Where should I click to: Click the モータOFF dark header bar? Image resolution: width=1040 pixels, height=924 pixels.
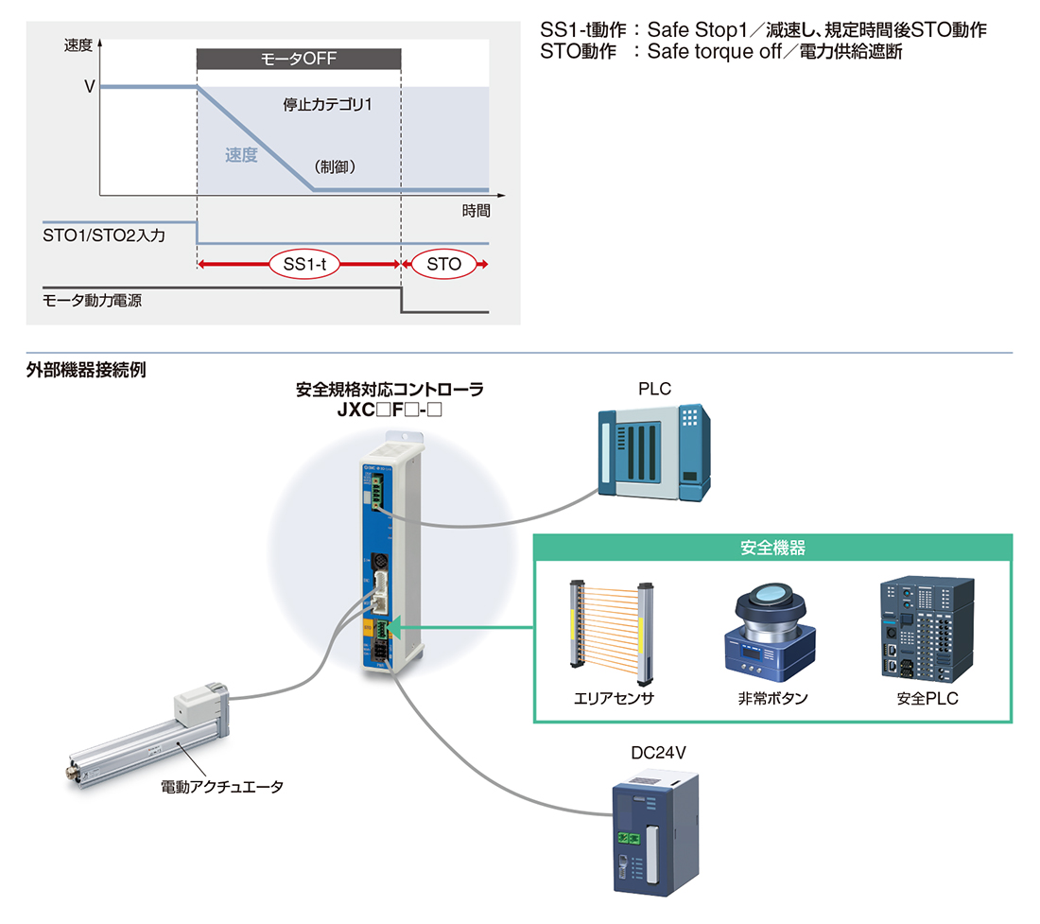pyautogui.click(x=299, y=59)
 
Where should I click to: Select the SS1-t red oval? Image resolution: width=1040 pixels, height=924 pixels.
pyautogui.click(x=304, y=264)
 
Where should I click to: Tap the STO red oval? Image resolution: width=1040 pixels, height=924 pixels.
pyautogui.click(x=443, y=264)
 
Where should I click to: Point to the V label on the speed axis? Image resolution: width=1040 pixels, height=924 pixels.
pyautogui.click(x=90, y=87)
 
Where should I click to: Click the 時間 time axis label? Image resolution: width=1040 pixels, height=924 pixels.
pyautogui.click(x=477, y=211)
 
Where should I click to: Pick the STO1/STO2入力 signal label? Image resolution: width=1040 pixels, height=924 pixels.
pyautogui.click(x=104, y=235)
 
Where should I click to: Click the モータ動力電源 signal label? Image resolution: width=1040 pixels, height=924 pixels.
pyautogui.click(x=93, y=301)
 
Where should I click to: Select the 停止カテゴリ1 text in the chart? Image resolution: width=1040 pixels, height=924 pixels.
pyautogui.click(x=328, y=105)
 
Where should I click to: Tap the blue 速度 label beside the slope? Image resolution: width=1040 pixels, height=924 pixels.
pyautogui.click(x=241, y=155)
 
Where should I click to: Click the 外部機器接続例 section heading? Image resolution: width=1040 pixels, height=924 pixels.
pyautogui.click(x=86, y=370)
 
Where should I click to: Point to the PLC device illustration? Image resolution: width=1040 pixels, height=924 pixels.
pyautogui.click(x=654, y=452)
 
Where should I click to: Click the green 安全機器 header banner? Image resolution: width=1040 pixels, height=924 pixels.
pyautogui.click(x=773, y=548)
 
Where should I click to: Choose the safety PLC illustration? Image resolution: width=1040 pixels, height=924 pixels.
pyautogui.click(x=927, y=629)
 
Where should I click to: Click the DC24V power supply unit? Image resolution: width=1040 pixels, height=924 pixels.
pyautogui.click(x=655, y=833)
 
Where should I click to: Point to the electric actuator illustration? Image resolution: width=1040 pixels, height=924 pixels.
pyautogui.click(x=148, y=736)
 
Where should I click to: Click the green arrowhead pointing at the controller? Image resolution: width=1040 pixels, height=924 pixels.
pyautogui.click(x=392, y=627)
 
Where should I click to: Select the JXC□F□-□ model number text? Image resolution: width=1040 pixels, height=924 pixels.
pyautogui.click(x=390, y=410)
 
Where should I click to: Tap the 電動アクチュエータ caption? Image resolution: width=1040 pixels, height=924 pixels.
pyautogui.click(x=222, y=787)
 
